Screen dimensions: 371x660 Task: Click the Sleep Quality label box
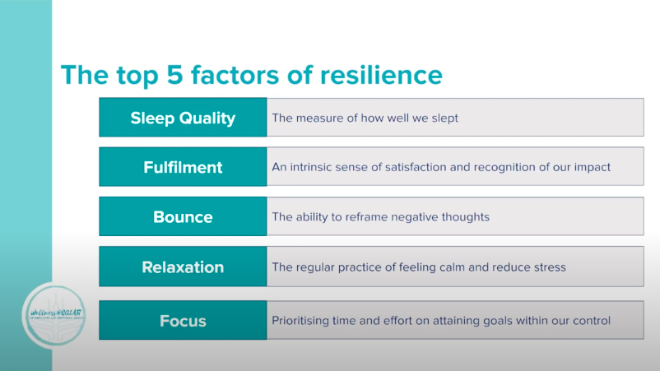coord(183,118)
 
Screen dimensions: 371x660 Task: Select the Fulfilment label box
coord(183,167)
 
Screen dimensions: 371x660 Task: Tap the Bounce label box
coord(183,217)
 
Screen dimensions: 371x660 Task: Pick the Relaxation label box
coord(183,267)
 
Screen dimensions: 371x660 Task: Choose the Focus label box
coord(183,320)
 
